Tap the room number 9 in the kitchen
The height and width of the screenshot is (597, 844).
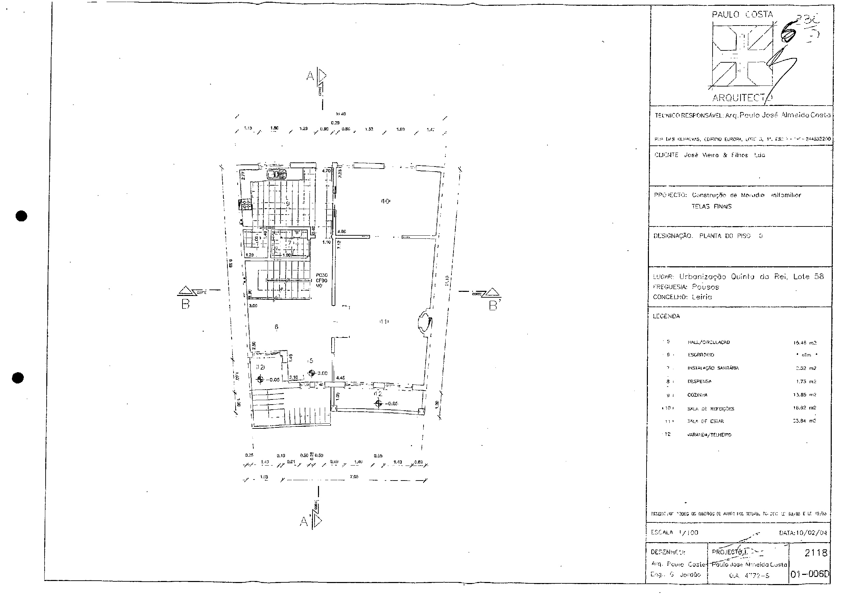pyautogui.click(x=288, y=203)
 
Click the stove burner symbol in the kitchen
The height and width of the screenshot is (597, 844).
pyautogui.click(x=245, y=204)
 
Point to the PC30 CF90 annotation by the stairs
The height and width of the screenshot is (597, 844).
pyautogui.click(x=321, y=280)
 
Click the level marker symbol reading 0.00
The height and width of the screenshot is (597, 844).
pyautogui.click(x=312, y=373)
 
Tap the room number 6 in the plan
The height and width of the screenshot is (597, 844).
pyautogui.click(x=276, y=327)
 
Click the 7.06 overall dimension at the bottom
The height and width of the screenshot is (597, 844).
pyautogui.click(x=354, y=477)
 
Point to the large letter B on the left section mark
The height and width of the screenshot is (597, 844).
pyautogui.click(x=186, y=305)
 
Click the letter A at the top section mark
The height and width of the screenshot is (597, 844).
pyautogui.click(x=310, y=76)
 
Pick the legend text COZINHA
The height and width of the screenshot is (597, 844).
pyautogui.click(x=697, y=395)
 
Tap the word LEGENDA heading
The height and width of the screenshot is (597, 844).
pyautogui.click(x=666, y=316)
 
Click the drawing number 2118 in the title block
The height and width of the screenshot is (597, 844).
pyautogui.click(x=815, y=553)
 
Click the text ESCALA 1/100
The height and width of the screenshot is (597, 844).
pyautogui.click(x=674, y=532)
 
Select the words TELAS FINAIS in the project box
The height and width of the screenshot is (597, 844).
pyautogui.click(x=711, y=206)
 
